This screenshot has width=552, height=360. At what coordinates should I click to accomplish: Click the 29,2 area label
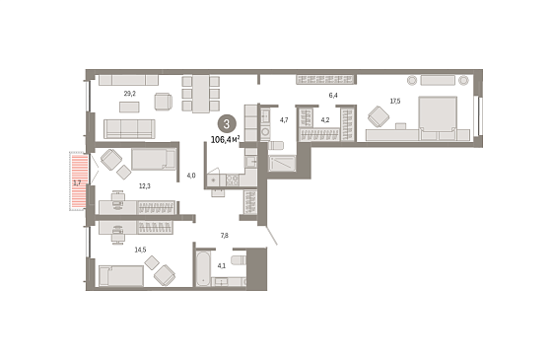(x=129, y=94)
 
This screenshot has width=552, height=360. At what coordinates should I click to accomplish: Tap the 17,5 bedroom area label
(x=395, y=102)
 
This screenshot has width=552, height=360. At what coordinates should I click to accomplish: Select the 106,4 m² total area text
(x=226, y=140)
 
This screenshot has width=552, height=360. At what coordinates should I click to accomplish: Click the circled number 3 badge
(x=227, y=124)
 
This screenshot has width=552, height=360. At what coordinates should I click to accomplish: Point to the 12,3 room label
(x=144, y=186)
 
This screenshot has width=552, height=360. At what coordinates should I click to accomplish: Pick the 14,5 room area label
(x=140, y=251)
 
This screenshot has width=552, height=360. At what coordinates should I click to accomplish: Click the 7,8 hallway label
(x=225, y=236)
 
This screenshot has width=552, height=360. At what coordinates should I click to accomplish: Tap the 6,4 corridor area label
(x=333, y=96)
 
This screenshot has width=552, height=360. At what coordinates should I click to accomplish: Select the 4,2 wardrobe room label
(x=325, y=120)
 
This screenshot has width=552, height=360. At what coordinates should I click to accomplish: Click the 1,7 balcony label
(x=77, y=182)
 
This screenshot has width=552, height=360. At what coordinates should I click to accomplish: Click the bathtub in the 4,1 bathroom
(x=202, y=267)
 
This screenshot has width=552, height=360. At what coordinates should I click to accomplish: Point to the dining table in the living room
(x=201, y=94)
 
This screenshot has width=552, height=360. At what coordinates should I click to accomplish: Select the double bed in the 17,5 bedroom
(x=438, y=118)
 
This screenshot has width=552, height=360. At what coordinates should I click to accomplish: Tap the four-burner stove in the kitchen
(x=233, y=180)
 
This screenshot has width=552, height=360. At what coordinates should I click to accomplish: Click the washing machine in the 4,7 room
(x=265, y=132)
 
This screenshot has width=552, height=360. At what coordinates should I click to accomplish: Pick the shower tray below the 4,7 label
(x=282, y=164)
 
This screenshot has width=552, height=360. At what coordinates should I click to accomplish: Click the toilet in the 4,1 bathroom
(x=239, y=260)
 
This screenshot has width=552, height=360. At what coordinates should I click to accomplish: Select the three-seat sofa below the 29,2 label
(x=129, y=129)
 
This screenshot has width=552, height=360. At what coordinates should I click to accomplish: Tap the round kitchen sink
(x=213, y=180)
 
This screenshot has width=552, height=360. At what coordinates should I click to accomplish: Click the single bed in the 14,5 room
(x=121, y=276)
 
